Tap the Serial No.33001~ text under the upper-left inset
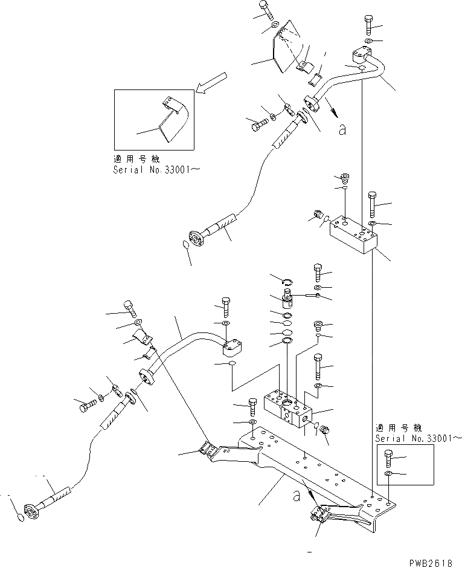pyautogui.click(x=156, y=170)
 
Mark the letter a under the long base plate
pyautogui.click(x=296, y=496)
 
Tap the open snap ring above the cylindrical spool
pyautogui.click(x=288, y=279)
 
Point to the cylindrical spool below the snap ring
pyautogui.click(x=289, y=299)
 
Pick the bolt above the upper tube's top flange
pyautogui.click(x=369, y=24)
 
